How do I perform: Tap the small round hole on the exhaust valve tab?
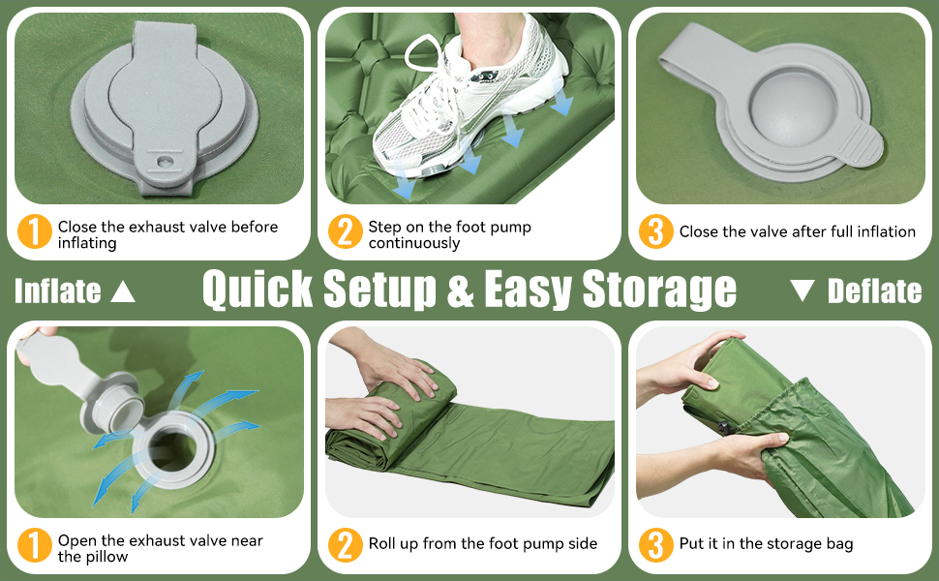coord(163,162)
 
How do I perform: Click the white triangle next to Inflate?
coord(123,291)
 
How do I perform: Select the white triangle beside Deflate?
coord(802,290)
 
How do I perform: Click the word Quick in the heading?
coord(257,290)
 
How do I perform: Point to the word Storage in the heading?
coord(659,290)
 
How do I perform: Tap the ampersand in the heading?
coord(460,290)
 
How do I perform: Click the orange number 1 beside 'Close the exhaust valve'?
coord(34,231)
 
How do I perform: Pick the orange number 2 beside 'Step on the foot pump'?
coord(345,231)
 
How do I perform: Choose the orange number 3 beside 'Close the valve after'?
coord(655,231)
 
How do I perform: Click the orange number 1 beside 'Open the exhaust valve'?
coord(34,545)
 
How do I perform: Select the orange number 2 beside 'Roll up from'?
coord(345,545)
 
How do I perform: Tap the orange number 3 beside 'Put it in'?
coord(655,545)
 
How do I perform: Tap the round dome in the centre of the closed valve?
coord(791,105)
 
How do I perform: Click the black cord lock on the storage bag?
coord(724,428)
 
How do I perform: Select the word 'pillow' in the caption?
coord(106,557)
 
